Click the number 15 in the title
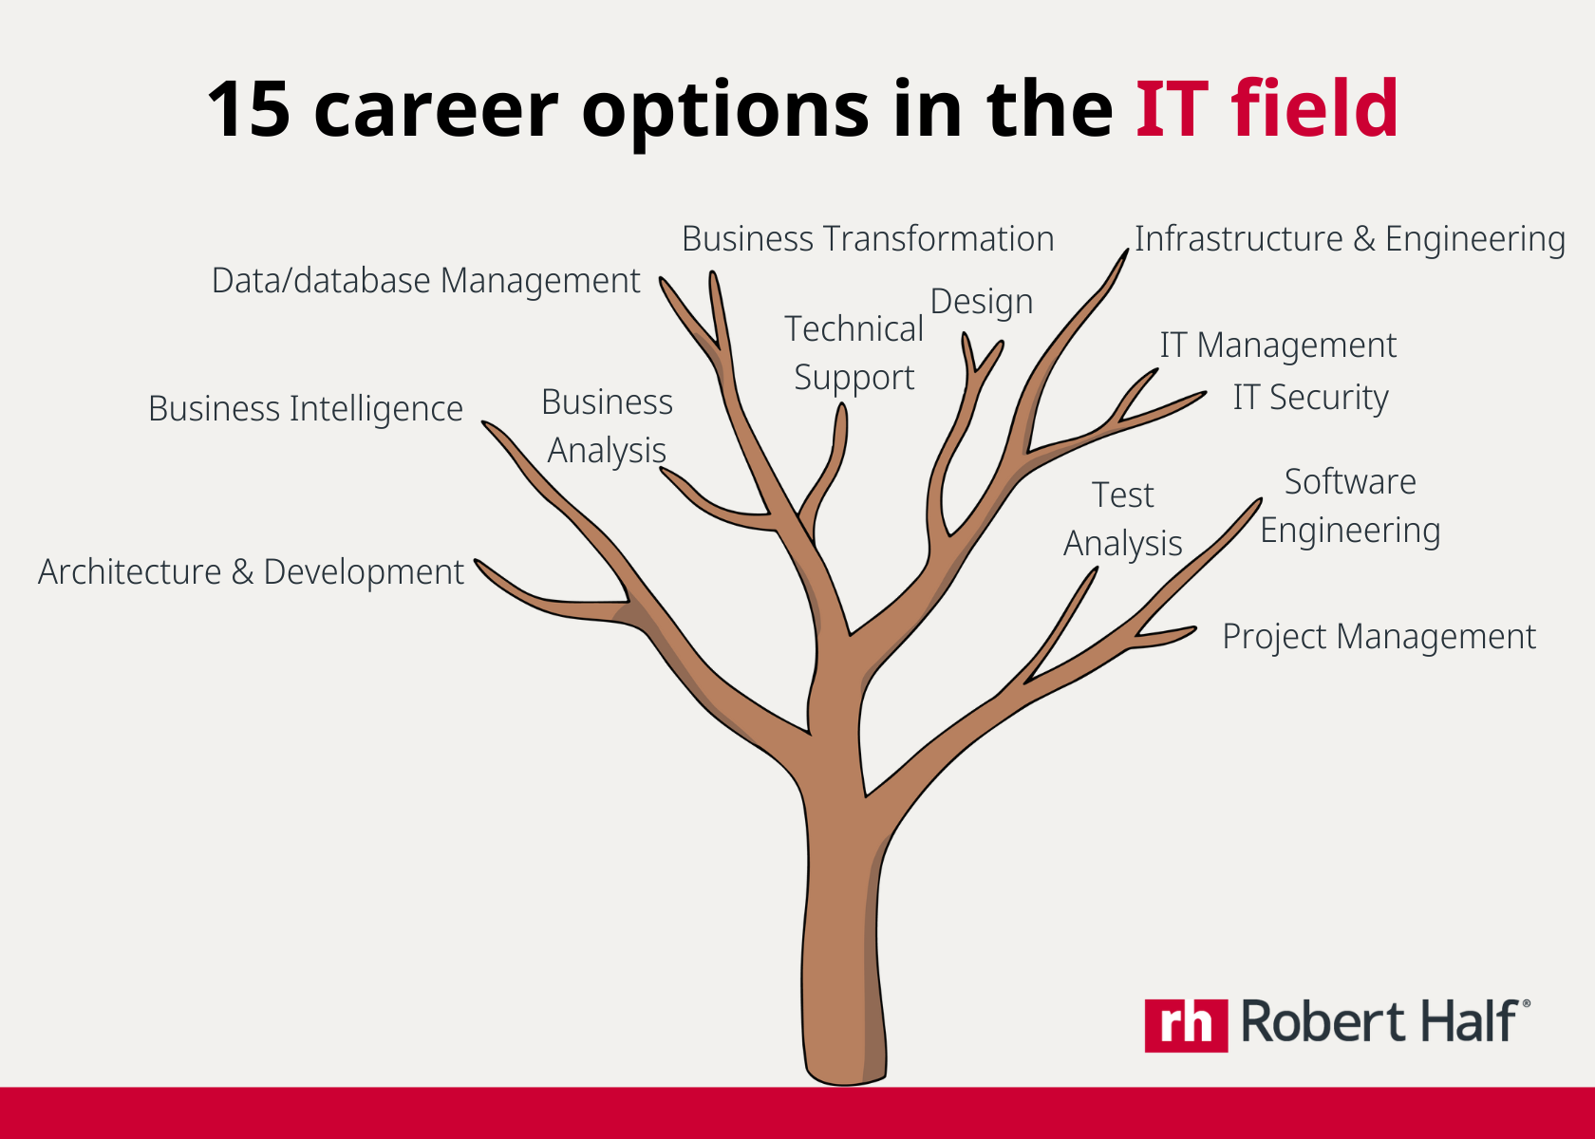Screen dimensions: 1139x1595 pos(249,109)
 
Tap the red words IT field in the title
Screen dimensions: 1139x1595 pos(1267,109)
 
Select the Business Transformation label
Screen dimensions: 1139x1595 pos(868,239)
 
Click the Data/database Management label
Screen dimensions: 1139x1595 pos(425,281)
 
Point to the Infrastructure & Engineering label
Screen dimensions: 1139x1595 pos(1349,239)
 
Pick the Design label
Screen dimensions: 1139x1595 pos(982,302)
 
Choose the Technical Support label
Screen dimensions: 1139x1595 pos(854,353)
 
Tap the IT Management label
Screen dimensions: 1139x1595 pos(1278,345)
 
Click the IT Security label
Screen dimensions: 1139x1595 pos(1310,398)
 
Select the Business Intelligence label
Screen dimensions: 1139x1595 pos(306,409)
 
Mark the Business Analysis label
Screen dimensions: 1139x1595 pos(608,426)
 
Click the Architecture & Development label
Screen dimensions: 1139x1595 pos(251,572)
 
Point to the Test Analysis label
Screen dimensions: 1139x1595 pos(1123,519)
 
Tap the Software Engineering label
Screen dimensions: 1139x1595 pos(1350,506)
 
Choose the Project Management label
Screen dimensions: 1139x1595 pos(1379,637)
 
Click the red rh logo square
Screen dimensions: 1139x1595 pos(1186,1025)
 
